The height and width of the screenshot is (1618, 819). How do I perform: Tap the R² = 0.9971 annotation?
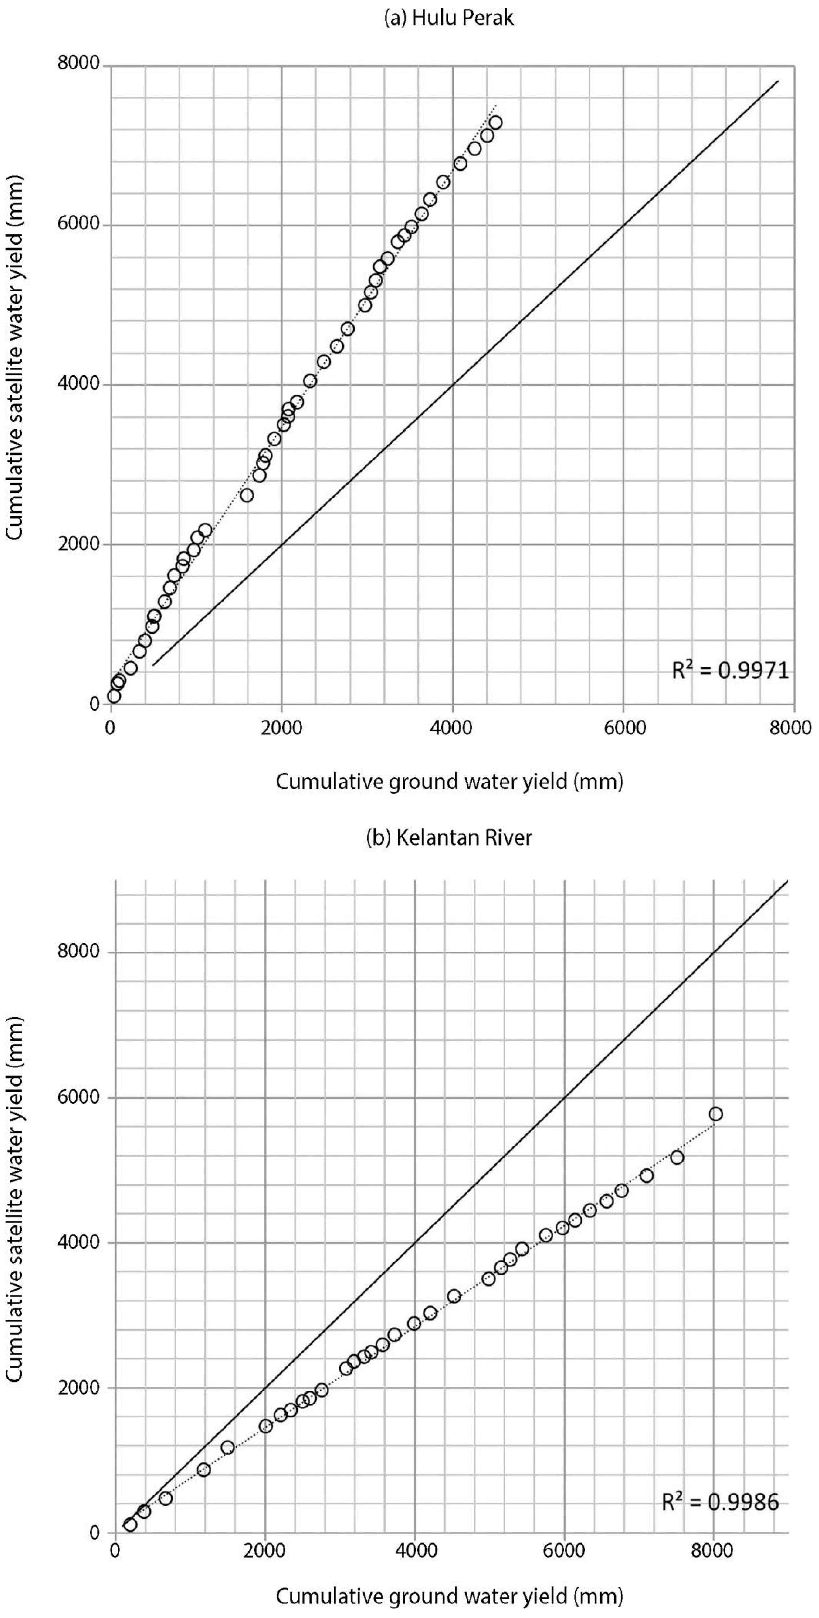730,671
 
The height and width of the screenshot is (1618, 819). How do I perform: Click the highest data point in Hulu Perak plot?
495,123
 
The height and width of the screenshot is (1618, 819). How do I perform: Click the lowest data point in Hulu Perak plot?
114,696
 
